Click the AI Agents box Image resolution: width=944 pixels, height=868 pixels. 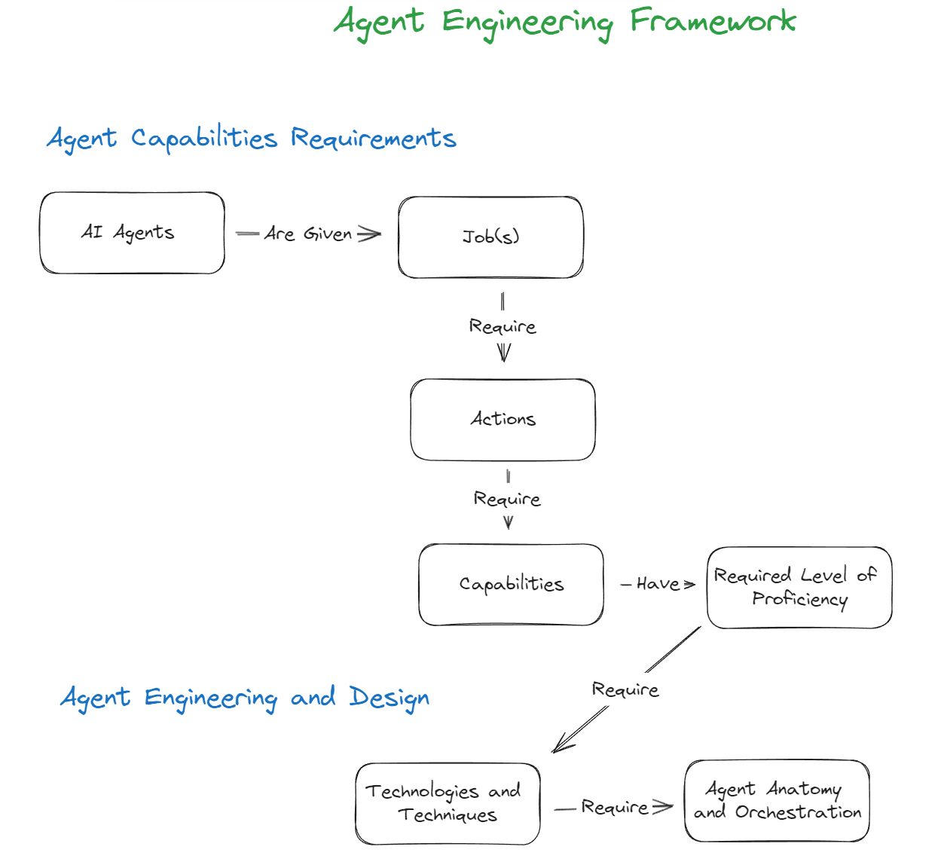133,233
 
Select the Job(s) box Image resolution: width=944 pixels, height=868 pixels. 490,237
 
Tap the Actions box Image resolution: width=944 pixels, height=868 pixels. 503,420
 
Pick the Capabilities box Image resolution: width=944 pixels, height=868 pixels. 511,585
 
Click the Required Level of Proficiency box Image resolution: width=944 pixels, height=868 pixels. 799,588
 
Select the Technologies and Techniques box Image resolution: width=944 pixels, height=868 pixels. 448,803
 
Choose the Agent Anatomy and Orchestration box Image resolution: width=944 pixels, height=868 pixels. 777,801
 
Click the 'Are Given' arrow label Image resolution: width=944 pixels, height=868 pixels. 308,234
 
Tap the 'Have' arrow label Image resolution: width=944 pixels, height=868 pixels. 658,584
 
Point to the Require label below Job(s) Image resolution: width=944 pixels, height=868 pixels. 503,327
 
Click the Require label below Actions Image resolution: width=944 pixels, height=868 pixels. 507,499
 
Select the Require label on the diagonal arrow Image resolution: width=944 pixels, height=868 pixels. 625,689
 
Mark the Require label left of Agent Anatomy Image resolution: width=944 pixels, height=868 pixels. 615,807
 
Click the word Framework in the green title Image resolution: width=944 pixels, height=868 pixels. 713,21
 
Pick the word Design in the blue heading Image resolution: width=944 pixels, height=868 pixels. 390,698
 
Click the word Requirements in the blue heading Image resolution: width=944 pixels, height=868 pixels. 374,139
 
